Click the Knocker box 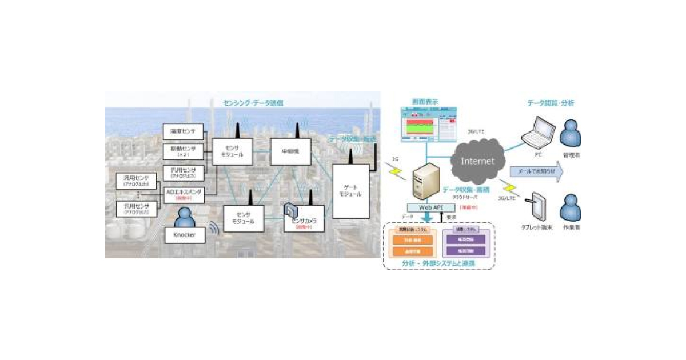184,235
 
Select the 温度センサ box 183,131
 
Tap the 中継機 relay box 289,153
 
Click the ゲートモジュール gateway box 350,190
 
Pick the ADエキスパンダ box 184,194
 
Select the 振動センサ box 183,151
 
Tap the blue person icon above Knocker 184,217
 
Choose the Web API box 429,207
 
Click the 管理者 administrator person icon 571,134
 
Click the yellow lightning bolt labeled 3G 394,169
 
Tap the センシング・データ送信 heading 253,103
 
